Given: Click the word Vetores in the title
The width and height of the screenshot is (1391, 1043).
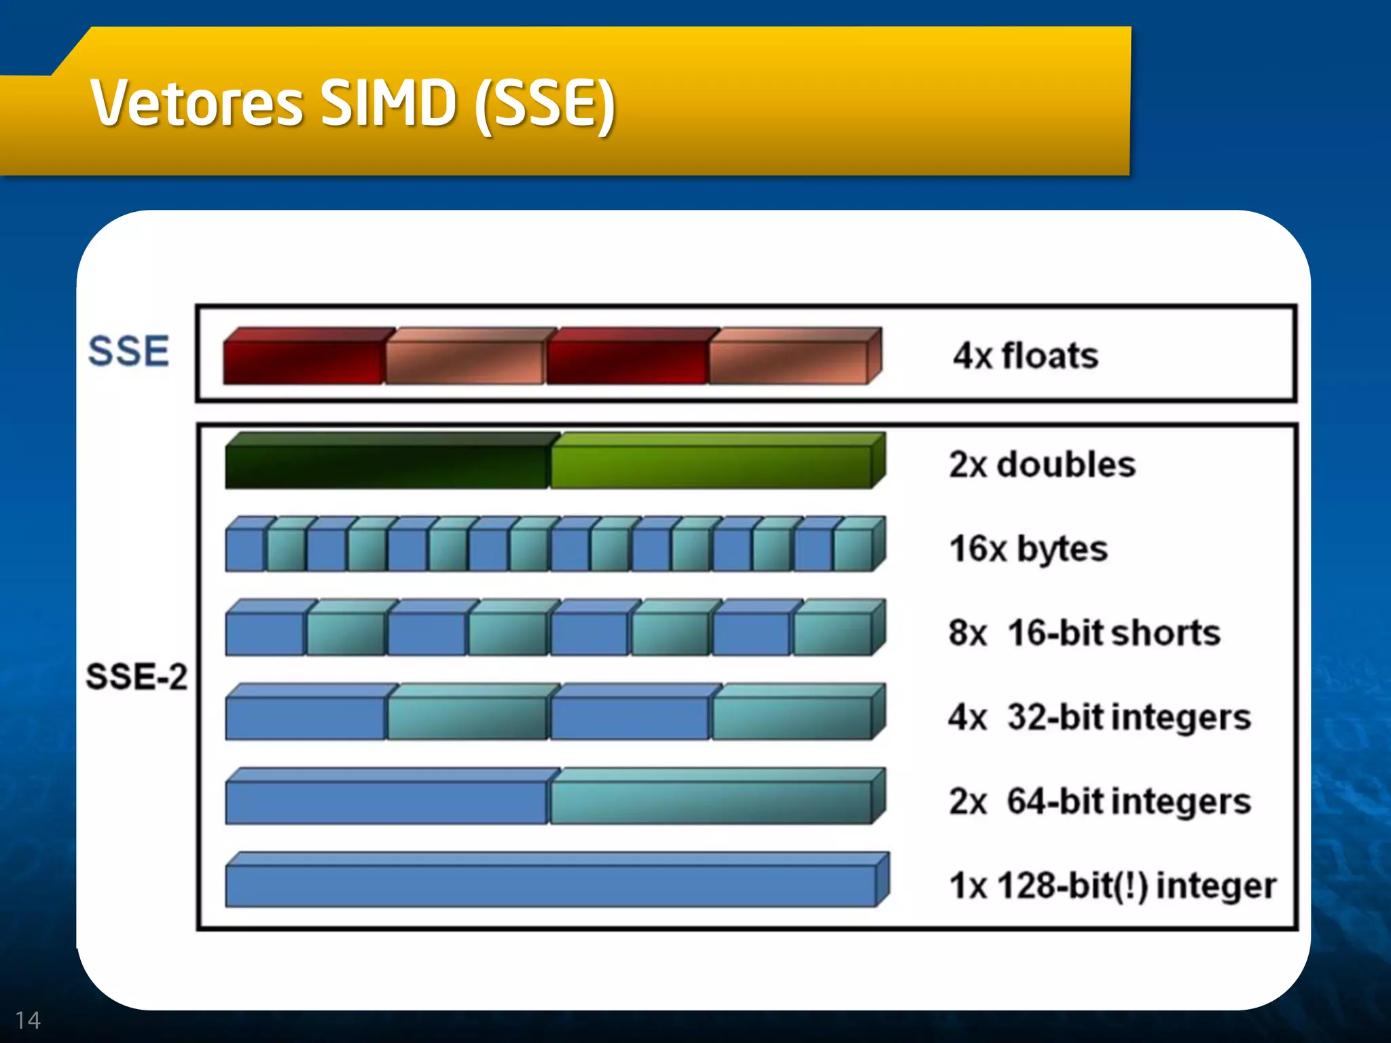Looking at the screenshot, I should click(196, 103).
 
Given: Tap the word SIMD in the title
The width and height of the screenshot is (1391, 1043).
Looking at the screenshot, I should click(388, 103).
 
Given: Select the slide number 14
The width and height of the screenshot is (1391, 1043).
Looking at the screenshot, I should click(28, 1020).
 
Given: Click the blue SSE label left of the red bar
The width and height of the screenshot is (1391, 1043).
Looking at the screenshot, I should click(128, 351).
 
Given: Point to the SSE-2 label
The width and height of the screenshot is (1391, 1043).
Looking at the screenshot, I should click(136, 676).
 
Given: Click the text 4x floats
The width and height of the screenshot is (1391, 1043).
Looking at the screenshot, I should click(1025, 356).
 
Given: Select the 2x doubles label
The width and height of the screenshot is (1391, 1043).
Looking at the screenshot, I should click(1042, 465).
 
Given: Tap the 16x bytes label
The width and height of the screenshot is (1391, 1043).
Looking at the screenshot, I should click(1028, 549).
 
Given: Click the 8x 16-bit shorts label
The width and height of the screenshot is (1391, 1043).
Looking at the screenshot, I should click(1084, 633).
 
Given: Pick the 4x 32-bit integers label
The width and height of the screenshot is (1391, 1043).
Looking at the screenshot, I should click(1099, 717).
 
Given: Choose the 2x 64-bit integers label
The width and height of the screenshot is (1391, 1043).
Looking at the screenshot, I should click(1099, 801).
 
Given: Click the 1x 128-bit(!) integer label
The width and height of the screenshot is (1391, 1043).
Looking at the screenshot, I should click(1113, 885).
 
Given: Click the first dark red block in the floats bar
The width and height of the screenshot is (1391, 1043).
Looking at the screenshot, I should click(304, 361).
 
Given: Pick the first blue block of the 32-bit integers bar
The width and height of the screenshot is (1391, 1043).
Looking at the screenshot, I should click(306, 718).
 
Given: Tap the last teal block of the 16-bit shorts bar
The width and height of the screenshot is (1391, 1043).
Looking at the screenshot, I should click(833, 634).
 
